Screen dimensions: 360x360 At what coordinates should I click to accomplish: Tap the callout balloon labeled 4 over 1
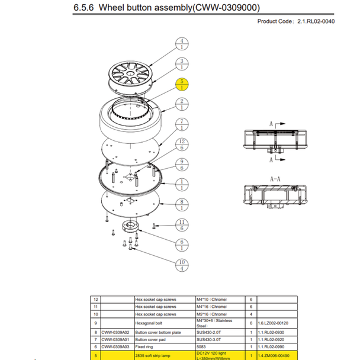pos(182,45)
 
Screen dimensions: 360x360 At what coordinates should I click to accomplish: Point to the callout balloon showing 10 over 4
pos(182,265)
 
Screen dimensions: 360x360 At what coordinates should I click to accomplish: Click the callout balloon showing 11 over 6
pos(182,225)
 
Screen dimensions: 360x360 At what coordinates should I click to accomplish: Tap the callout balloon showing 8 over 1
pos(182,205)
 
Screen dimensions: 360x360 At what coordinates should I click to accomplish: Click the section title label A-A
pos(275,177)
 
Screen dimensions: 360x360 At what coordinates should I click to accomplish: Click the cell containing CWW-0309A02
pos(117,334)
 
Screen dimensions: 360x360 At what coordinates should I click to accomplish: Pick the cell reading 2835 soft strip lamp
pos(155,355)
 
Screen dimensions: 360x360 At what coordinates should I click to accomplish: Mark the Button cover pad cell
pos(155,341)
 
